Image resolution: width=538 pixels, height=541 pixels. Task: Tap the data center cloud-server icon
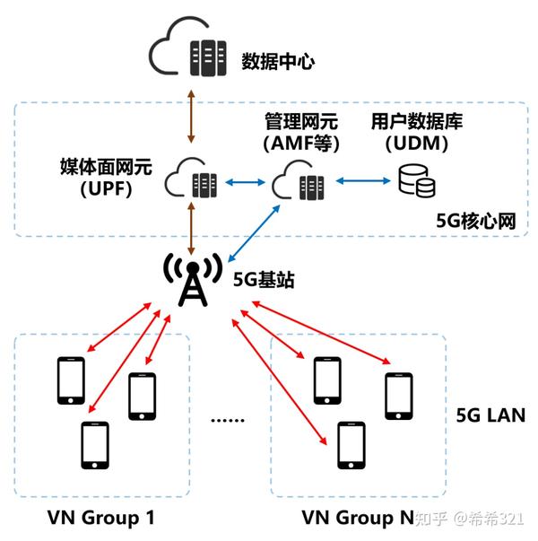[189, 57]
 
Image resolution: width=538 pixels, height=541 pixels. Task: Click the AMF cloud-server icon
[300, 183]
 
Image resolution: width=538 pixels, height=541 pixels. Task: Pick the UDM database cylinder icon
[417, 182]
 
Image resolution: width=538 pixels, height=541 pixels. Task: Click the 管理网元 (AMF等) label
[299, 130]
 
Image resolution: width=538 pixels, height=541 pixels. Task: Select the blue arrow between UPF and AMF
[243, 183]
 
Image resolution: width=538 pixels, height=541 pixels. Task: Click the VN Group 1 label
[101, 518]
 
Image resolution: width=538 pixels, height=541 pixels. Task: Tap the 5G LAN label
[485, 415]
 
